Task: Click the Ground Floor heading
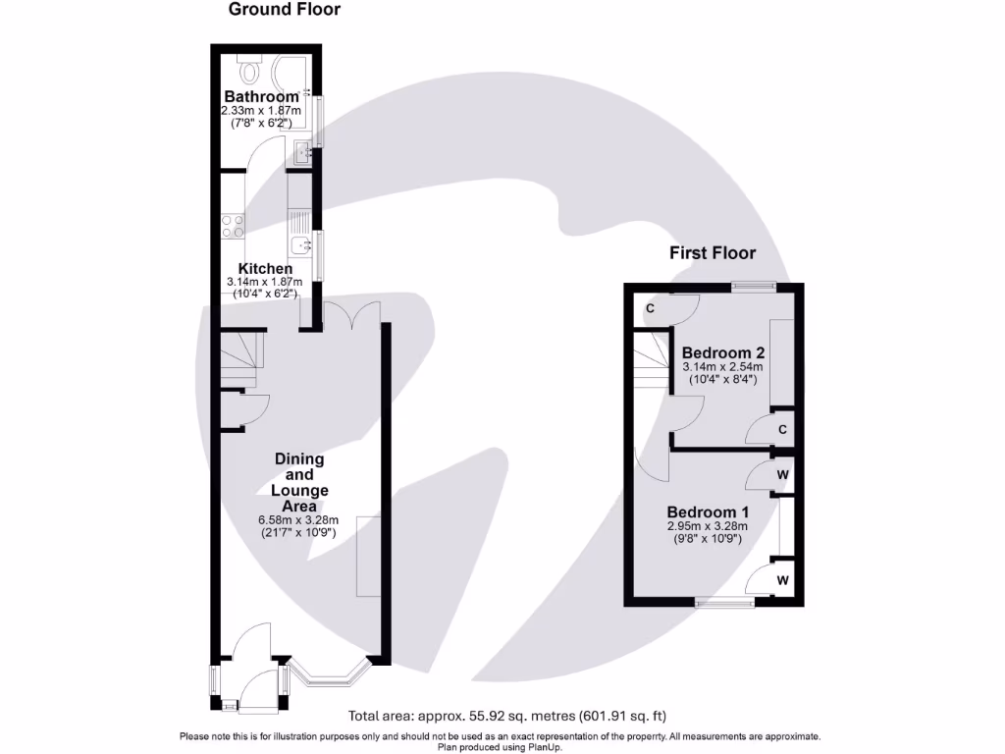click(x=285, y=10)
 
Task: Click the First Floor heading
click(x=713, y=253)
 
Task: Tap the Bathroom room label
click(x=261, y=97)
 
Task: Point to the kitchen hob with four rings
click(x=233, y=226)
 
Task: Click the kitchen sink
click(x=300, y=243)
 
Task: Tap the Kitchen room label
click(x=265, y=268)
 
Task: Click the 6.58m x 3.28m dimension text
click(x=298, y=520)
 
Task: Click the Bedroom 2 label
click(x=723, y=352)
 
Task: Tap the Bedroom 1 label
click(x=709, y=512)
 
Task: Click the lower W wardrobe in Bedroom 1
click(x=783, y=580)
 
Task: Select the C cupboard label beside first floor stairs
click(x=650, y=308)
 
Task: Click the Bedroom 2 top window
click(x=754, y=286)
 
